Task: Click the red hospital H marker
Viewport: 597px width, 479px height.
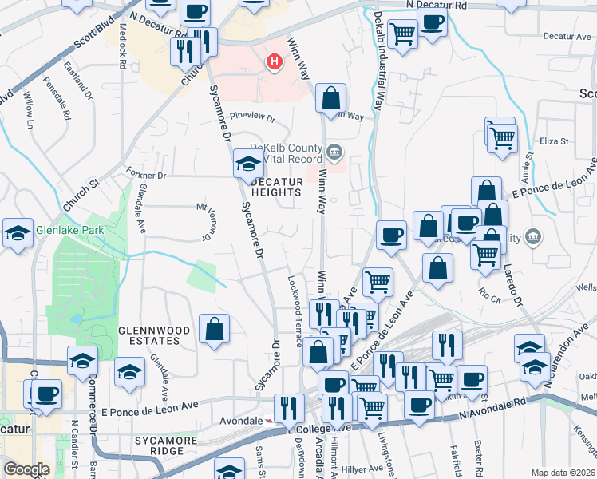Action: (x=275, y=61)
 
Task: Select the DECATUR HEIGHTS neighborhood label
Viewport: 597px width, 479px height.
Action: (x=277, y=187)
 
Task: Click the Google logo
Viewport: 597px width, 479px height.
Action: (x=26, y=469)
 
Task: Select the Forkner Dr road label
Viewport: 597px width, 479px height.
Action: (x=145, y=174)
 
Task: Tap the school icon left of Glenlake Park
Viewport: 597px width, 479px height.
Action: (x=18, y=233)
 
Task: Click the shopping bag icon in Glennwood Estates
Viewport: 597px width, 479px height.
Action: (x=215, y=329)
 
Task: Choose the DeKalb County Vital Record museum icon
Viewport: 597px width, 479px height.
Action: (x=334, y=149)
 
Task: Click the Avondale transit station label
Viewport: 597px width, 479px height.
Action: (x=241, y=421)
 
